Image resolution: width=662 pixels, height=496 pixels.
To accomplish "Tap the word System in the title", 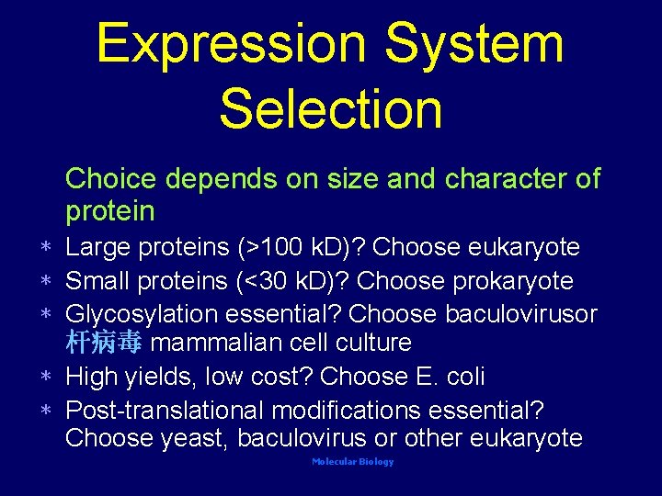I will [474, 43].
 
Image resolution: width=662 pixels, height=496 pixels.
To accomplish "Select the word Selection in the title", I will [331, 107].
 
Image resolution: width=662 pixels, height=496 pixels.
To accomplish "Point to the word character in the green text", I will [505, 178].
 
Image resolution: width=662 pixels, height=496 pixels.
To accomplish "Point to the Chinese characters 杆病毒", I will [103, 344].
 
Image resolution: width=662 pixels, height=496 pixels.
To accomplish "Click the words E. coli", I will [451, 377].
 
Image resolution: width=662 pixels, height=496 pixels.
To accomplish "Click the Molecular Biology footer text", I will [352, 462].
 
